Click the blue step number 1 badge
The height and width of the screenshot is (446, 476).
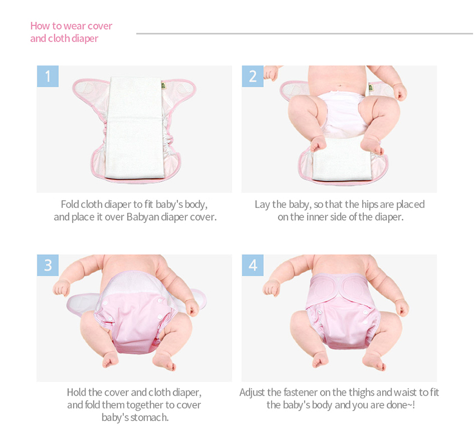coord(48,76)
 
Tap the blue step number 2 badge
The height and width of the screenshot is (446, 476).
coord(253,76)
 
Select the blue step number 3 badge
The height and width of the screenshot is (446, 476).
coord(48,265)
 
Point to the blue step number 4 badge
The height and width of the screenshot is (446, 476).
coord(253,265)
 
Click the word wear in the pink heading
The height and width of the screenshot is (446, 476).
coord(74,26)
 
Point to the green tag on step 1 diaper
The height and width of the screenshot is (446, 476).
coord(163,86)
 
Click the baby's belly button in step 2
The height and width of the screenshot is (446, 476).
coord(340,85)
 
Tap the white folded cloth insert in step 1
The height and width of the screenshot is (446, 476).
coord(134,127)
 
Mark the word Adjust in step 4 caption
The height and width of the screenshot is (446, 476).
coord(252,393)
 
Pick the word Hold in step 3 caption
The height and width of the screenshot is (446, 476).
coord(77,392)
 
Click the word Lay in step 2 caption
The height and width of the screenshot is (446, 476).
coord(262,205)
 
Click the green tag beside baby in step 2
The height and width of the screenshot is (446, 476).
coord(371,88)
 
